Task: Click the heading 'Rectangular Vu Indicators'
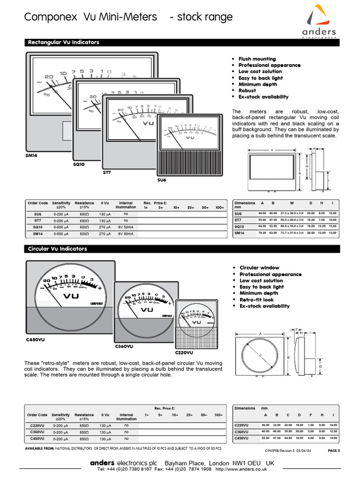pyautogui.click(x=64, y=42)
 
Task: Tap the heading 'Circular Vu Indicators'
pyautogui.click(x=58, y=249)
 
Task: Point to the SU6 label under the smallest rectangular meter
pyautogui.click(x=162, y=180)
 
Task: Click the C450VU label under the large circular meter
pyautogui.click(x=36, y=338)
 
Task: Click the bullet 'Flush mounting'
pyautogui.click(x=257, y=59)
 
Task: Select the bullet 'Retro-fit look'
pyautogui.click(x=256, y=300)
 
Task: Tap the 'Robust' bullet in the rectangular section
pyautogui.click(x=247, y=90)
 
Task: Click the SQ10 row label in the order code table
pyautogui.click(x=37, y=226)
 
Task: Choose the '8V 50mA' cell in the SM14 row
pyautogui.click(x=126, y=233)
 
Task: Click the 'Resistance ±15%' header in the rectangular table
pyautogui.click(x=84, y=205)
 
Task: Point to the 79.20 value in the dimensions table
pyautogui.click(x=262, y=233)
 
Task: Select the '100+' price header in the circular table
pyautogui.click(x=219, y=415)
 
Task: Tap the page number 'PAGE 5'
pyautogui.click(x=332, y=450)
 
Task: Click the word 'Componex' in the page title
pyautogui.click(x=51, y=17)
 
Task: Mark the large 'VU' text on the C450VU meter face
pyautogui.click(x=71, y=296)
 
